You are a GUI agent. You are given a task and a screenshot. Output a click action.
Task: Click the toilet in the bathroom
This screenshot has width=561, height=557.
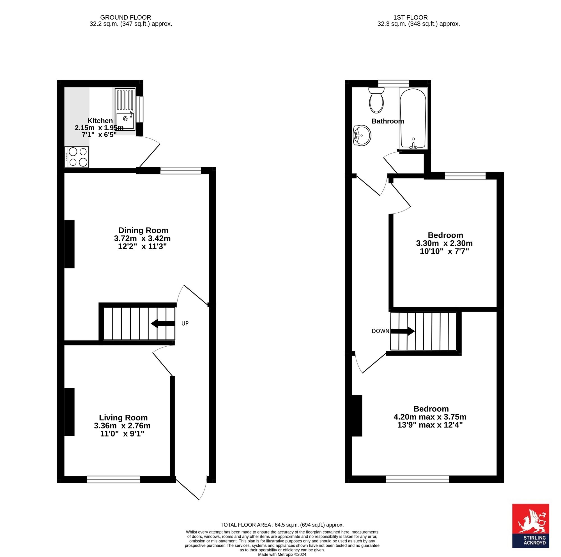coord(376,100)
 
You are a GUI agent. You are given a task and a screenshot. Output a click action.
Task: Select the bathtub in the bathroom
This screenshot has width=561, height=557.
coord(413,118)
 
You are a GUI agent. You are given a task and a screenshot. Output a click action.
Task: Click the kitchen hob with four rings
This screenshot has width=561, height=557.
coord(77,157)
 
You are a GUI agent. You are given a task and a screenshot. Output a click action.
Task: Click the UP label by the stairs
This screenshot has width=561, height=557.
coord(185,323)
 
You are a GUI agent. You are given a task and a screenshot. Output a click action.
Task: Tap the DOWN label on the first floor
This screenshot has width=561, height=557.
coord(380,331)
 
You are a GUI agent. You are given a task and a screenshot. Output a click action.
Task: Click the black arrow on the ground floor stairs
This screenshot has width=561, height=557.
coord(163,323)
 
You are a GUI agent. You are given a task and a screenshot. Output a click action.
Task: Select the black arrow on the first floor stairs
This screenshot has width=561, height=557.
coord(403,331)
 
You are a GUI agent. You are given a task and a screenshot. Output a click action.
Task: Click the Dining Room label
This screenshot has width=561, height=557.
coord(143,230)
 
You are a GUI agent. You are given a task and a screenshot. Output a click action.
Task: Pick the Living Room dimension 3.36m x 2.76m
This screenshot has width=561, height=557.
coord(122,426)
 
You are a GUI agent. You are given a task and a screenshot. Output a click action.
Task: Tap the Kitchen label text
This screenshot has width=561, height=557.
coord(100,121)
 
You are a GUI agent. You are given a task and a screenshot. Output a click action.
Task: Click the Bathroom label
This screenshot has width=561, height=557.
coord(388,121)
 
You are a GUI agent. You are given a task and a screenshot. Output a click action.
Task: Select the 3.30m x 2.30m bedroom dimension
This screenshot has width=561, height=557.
coord(444,243)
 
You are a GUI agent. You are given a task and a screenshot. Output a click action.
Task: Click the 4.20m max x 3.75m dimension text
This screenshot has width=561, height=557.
coord(430,417)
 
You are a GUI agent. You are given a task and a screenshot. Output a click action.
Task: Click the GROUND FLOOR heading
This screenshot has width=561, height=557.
coord(126,18)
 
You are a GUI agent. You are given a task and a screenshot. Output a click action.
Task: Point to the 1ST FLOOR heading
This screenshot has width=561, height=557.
coord(411,18)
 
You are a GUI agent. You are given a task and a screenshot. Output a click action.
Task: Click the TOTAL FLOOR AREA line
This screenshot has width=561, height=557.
coord(282,525)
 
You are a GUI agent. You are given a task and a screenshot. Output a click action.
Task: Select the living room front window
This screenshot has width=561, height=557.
coord(114,479)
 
